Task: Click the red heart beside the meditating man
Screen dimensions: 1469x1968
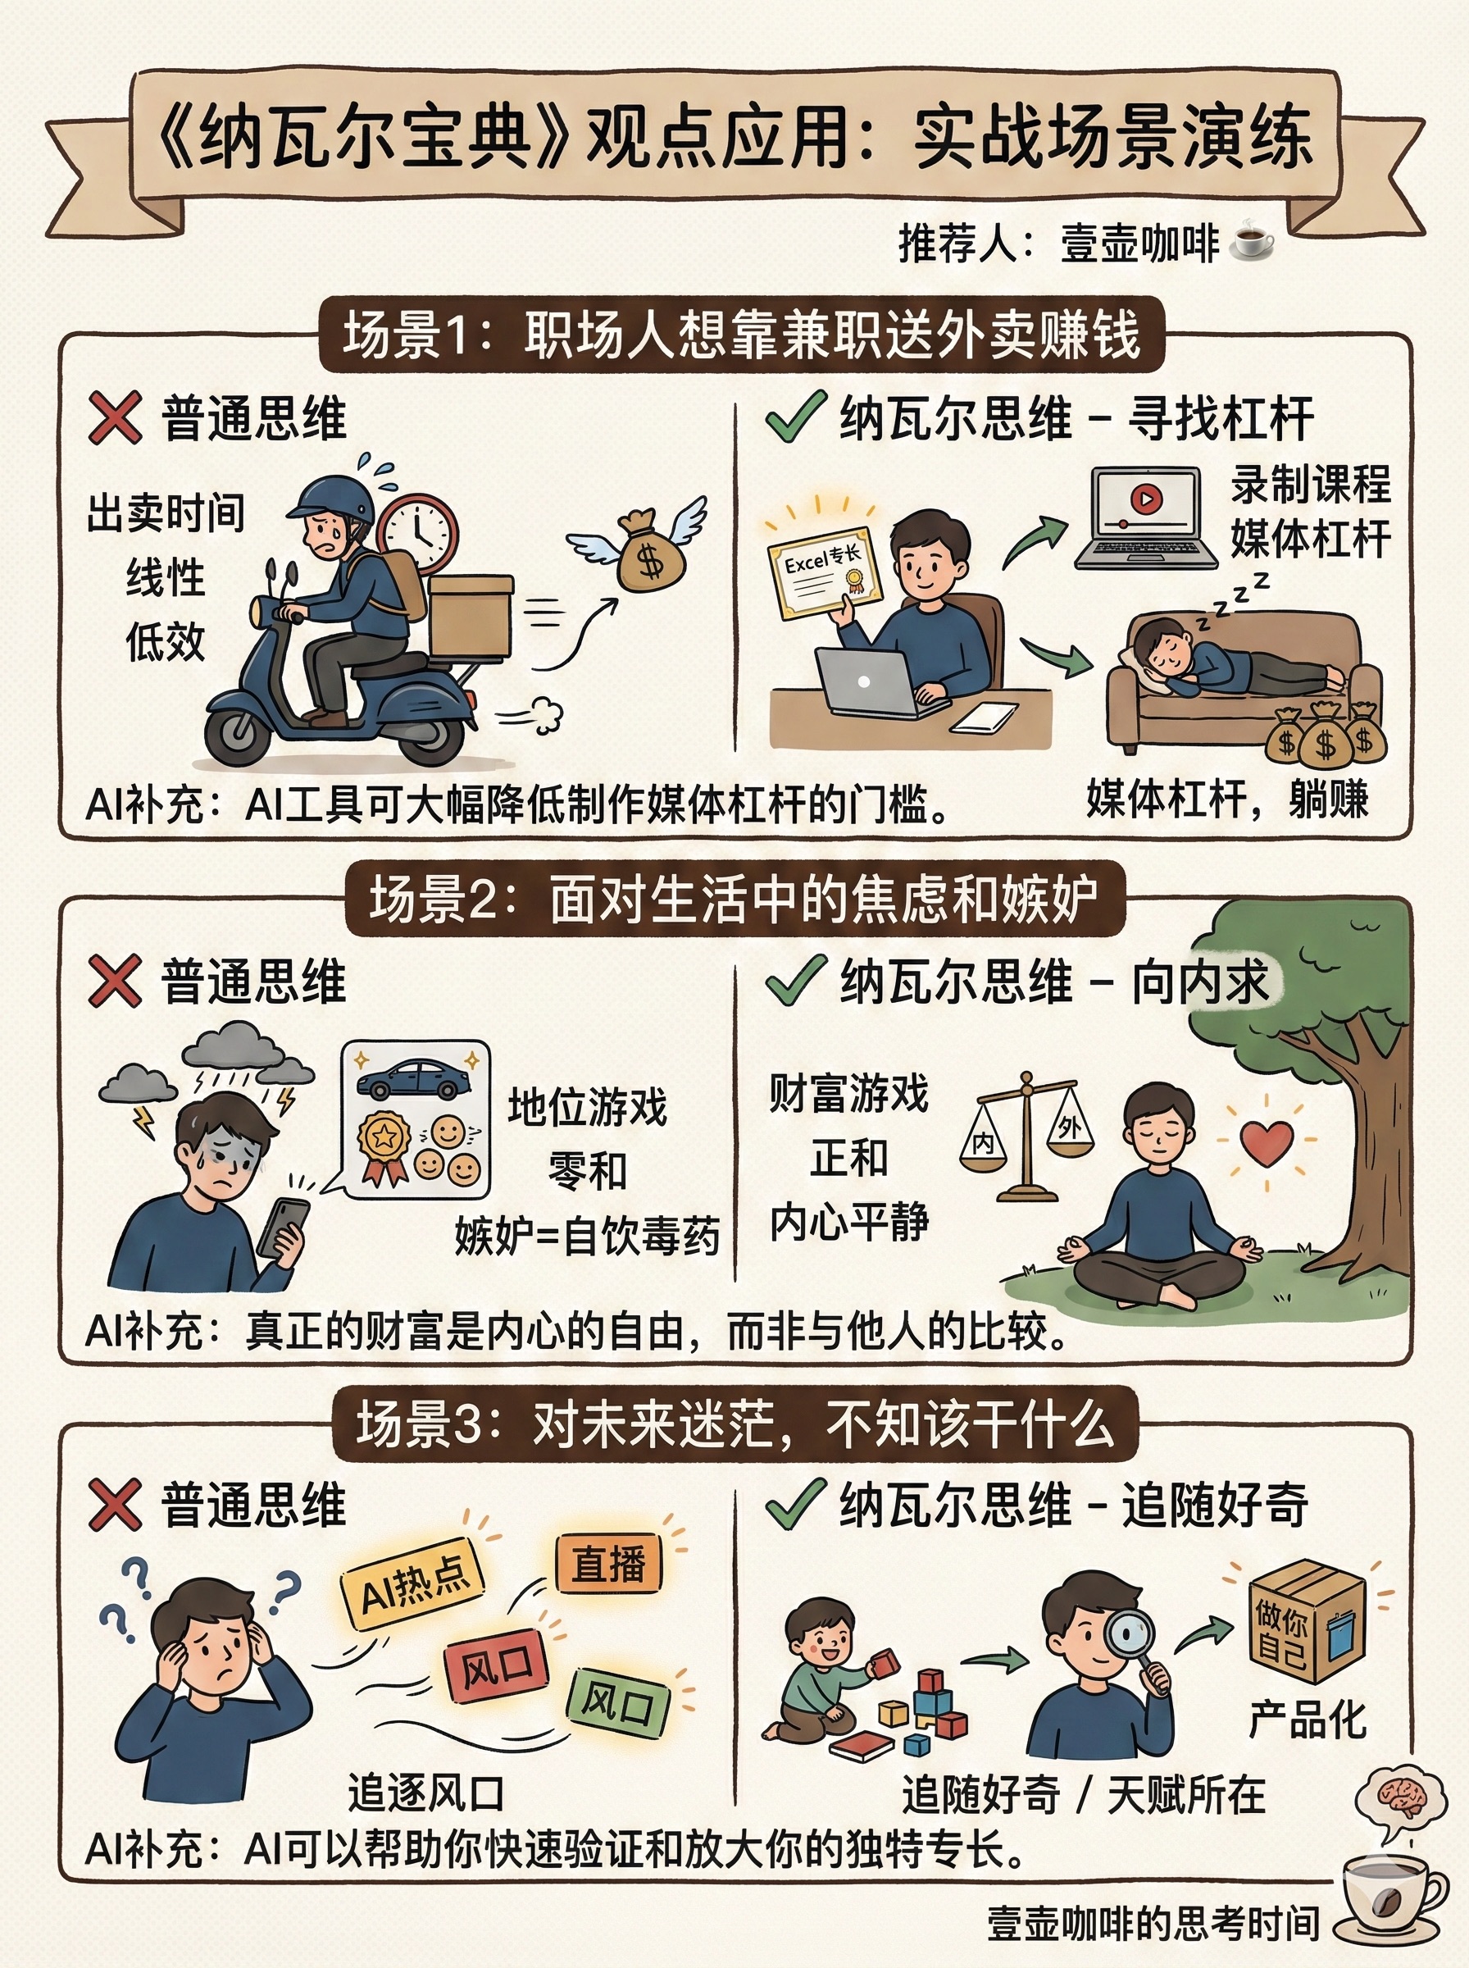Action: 1267,1143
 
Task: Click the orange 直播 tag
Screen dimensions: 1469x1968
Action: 609,1565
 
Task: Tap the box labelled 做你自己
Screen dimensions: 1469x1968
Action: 1306,1622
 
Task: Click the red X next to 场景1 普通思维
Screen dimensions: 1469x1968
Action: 115,418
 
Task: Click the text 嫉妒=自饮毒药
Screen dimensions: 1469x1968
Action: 587,1235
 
